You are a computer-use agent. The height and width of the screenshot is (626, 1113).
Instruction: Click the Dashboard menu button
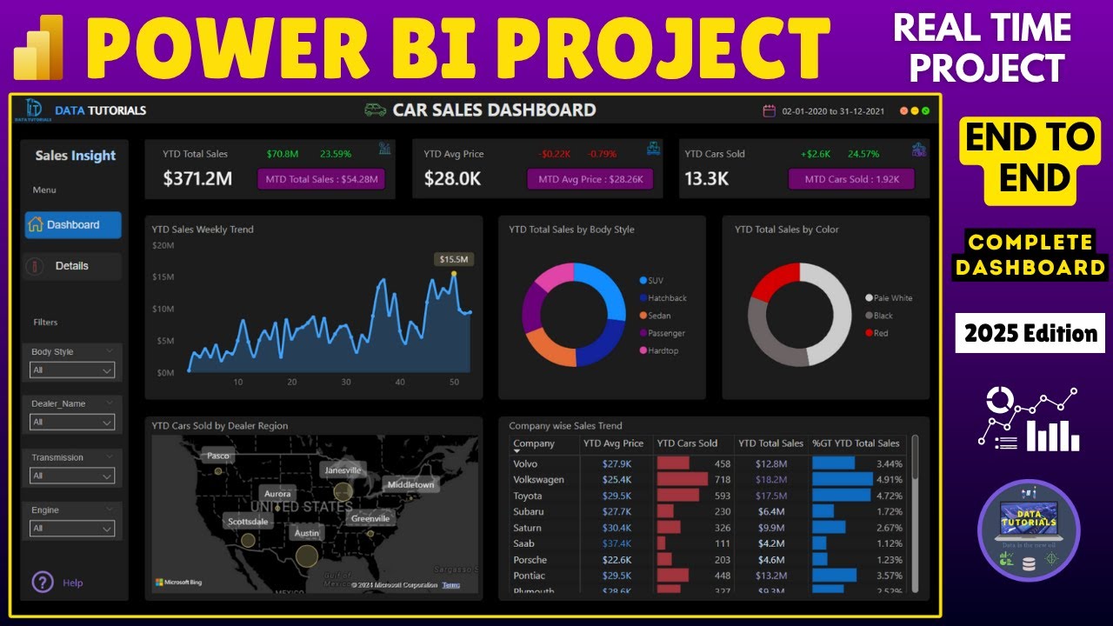(73, 224)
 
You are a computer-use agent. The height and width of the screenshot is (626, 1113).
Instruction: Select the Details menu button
(72, 266)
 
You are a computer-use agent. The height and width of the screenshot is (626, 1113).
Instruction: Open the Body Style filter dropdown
(73, 370)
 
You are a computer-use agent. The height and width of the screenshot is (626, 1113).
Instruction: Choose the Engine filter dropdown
(73, 528)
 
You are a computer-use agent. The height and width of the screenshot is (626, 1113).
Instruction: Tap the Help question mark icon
(43, 583)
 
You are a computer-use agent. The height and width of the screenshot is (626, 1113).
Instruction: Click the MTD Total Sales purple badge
(321, 179)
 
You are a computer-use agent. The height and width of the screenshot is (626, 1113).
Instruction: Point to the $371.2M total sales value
(197, 179)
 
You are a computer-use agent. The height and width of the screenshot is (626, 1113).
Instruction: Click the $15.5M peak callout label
(454, 259)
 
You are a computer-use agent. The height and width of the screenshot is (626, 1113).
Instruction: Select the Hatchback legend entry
(667, 298)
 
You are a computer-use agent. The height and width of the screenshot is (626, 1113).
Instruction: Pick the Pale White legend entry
(893, 298)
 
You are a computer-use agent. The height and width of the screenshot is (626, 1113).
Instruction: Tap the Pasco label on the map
(217, 456)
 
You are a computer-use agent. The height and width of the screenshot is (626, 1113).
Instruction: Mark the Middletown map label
(410, 484)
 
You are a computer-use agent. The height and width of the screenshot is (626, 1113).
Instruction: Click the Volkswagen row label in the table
(538, 479)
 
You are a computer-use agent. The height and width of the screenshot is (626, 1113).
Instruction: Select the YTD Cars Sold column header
(687, 443)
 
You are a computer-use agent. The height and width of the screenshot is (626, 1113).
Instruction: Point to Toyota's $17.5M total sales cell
(770, 496)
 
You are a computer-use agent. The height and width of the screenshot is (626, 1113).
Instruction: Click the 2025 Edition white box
(1030, 333)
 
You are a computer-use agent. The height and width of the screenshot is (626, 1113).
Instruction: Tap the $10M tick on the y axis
(164, 309)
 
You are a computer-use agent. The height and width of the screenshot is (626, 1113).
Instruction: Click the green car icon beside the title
(375, 110)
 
